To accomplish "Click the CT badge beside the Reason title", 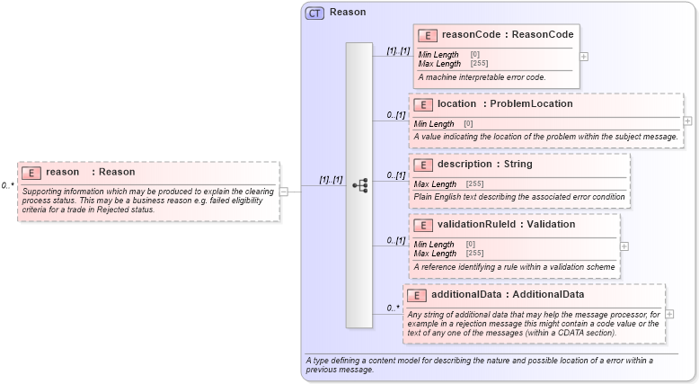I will [314, 13].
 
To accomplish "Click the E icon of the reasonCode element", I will [428, 35].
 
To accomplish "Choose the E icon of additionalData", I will [418, 295].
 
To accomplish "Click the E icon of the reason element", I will [32, 173].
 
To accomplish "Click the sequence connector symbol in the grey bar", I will [359, 184].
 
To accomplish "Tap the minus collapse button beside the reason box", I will [283, 191].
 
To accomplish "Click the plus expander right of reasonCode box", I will [585, 56].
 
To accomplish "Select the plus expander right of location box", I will [688, 121].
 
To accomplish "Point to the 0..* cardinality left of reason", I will [8, 185].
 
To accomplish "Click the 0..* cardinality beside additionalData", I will [394, 308].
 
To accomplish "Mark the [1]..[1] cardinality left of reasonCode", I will [398, 50].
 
